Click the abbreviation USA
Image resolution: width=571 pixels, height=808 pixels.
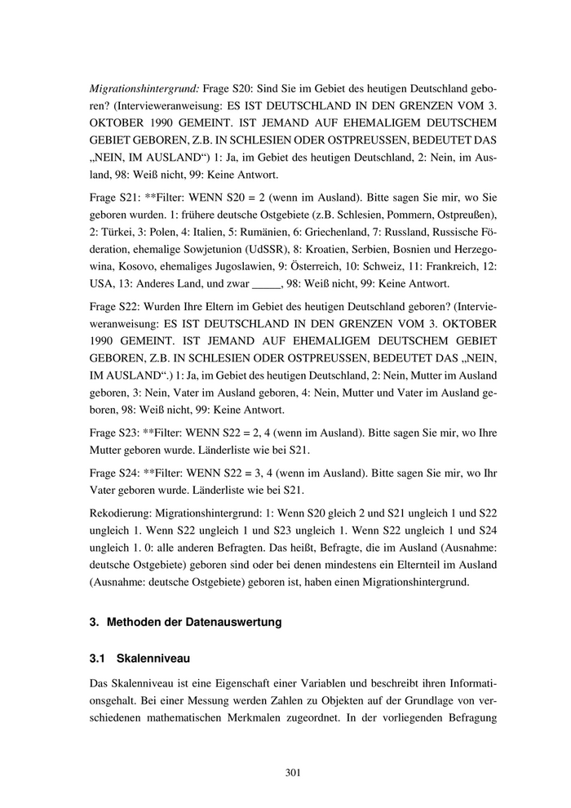point(103,283)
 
